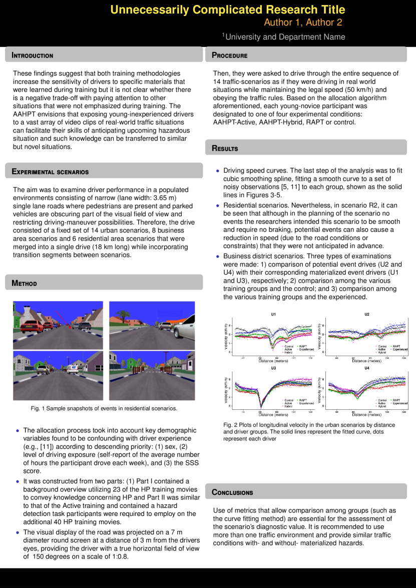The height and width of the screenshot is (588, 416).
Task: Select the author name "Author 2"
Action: pyautogui.click(x=326, y=23)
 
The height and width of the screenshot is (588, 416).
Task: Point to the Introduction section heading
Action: pyautogui.click(x=33, y=56)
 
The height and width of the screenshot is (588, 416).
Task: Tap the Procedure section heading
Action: pyautogui.click(x=230, y=56)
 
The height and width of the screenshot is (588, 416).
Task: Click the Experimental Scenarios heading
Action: pyautogui.click(x=50, y=172)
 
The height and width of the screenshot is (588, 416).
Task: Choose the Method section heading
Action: pyautogui.click(x=25, y=284)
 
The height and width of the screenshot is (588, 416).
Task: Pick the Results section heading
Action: pyautogui.click(x=225, y=148)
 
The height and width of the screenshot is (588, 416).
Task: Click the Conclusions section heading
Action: pyautogui.click(x=232, y=492)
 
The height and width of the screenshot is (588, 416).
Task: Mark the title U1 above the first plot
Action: pyautogui.click(x=273, y=314)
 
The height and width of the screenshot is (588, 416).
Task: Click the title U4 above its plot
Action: pyautogui.click(x=366, y=368)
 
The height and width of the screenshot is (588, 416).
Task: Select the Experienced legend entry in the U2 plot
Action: pyautogui.click(x=400, y=349)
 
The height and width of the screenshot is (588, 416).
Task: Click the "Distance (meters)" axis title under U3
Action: pyautogui.click(x=273, y=414)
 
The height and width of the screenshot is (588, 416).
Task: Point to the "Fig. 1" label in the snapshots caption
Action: pyautogui.click(x=37, y=409)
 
